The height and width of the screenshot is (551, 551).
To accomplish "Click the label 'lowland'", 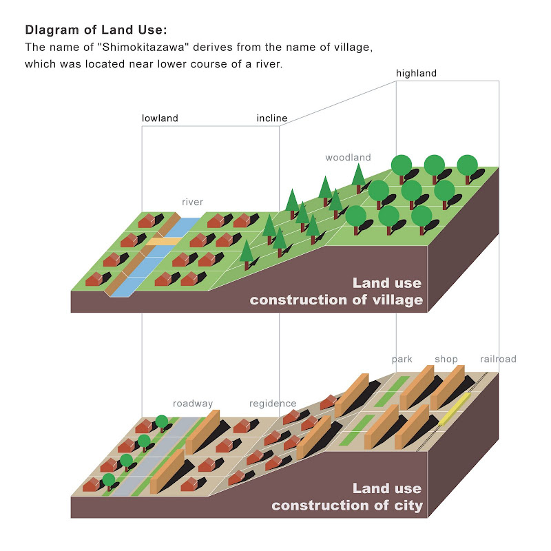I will point(160,118).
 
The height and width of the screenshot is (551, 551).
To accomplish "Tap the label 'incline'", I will point(272,118).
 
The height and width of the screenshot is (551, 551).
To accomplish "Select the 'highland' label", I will point(416,74).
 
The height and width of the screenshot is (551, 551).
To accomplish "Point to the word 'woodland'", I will point(348,158).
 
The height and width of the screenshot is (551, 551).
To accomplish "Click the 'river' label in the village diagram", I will point(192,202).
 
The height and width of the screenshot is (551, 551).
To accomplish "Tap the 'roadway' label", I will point(193,404).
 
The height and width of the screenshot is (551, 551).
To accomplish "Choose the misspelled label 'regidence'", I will point(273,404).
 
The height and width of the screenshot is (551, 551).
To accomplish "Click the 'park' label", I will point(402,360).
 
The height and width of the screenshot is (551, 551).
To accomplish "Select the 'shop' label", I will point(446,360).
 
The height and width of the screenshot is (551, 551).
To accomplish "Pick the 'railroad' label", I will point(498,360).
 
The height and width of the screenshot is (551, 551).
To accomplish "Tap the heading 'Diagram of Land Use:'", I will point(96,30).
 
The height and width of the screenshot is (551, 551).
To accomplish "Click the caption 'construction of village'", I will point(336,300).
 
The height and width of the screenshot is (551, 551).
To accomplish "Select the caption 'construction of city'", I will point(347,506).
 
